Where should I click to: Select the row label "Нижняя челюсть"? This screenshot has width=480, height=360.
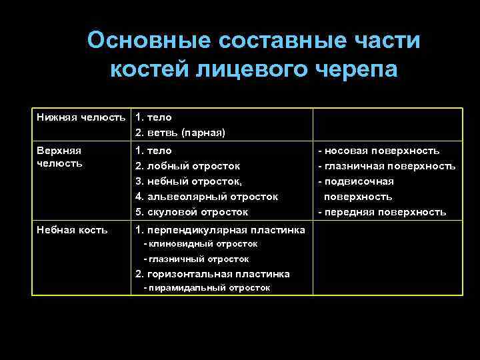coord(81,117)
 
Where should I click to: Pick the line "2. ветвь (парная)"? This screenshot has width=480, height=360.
coord(180,133)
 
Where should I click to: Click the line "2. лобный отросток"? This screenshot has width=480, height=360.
coord(187,166)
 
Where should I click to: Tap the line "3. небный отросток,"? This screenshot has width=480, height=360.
coord(189,181)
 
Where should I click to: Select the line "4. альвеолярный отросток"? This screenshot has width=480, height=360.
coord(206,197)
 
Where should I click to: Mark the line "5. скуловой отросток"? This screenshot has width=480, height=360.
coord(191,212)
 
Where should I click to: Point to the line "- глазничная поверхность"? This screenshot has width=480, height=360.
coord(386,166)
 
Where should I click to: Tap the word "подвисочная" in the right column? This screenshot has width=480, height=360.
coord(359,181)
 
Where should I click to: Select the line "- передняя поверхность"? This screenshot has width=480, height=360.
coord(381,212)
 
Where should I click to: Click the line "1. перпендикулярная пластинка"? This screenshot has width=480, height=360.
coord(220,230)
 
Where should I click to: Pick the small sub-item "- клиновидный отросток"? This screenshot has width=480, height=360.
coord(201,244)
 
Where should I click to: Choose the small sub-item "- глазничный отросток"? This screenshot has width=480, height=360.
coord(197,259)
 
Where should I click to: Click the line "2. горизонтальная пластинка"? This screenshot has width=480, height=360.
coord(212,273)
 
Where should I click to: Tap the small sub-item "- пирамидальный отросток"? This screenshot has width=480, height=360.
coord(207,288)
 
